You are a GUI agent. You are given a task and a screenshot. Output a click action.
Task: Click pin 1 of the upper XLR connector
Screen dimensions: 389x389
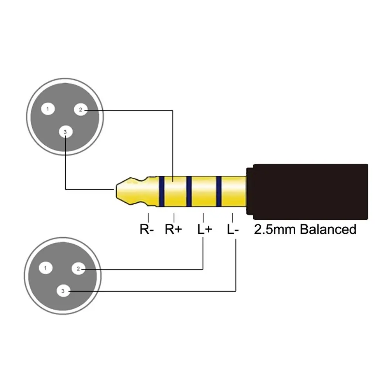coord(48,109)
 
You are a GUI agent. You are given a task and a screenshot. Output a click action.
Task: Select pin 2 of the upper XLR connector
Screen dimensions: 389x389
coord(81,110)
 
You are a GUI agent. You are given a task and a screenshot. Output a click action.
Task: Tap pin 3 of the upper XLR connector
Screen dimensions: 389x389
coord(65,132)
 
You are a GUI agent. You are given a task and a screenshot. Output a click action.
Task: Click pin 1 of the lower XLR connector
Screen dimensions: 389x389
coord(46,268)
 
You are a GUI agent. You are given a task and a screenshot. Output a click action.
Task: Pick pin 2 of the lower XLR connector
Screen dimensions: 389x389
coord(78,269)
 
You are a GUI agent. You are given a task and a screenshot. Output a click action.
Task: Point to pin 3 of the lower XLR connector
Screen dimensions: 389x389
coord(63,291)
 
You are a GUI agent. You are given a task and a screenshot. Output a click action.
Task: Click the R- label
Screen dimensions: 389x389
coord(147,230)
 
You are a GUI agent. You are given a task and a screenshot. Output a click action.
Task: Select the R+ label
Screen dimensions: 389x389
coord(173,230)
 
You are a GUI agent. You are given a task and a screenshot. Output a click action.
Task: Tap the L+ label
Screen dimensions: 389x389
coord(204,230)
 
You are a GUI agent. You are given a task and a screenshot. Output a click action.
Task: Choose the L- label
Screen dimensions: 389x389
coord(233,230)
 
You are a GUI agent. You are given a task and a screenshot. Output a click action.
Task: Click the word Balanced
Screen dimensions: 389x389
coord(328,229)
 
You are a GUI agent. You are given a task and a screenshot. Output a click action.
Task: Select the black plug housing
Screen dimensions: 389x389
coord(307,191)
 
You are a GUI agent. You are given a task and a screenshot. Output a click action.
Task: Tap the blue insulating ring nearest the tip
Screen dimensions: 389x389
coord(161,191)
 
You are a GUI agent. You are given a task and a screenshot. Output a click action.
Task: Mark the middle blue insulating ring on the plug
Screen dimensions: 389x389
coord(189,191)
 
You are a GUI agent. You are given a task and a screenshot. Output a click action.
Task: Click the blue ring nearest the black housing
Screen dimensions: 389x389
coord(219,191)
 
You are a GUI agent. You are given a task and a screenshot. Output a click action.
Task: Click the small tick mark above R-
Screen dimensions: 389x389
coord(148,217)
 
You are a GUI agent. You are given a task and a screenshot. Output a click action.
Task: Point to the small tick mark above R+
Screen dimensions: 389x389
coord(174,217)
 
